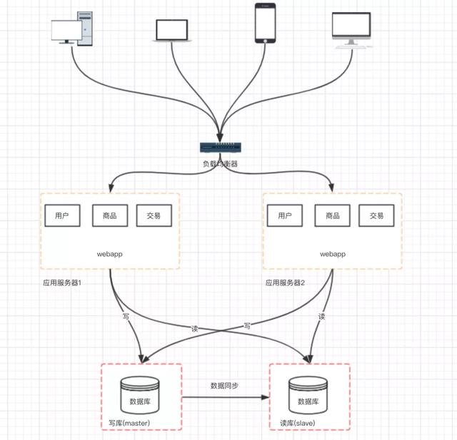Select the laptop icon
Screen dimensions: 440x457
pos(171,29)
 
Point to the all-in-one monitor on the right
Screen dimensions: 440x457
pos(352,28)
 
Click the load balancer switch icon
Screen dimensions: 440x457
pos(220,148)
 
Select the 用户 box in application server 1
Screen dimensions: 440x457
pos(62,215)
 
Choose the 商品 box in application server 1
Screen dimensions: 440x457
pos(109,215)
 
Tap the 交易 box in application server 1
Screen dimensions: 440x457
pos(154,215)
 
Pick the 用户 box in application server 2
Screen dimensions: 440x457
pos(285,215)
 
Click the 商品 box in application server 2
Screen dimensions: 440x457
pos(332,215)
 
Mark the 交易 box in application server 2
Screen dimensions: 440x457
pos(376,215)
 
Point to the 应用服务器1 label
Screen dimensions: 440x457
pos(62,282)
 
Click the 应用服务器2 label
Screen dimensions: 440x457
pos(285,282)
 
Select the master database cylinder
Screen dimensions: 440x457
pos(141,396)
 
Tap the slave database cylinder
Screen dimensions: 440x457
pos(308,397)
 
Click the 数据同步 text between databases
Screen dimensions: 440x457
pos(224,385)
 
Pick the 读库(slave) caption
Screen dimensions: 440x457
pos(299,424)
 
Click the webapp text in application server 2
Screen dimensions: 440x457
pos(333,254)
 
